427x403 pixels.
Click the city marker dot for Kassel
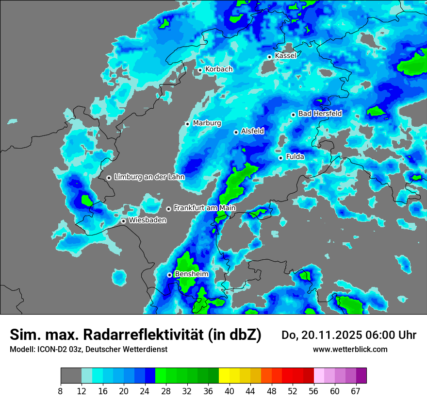(x=269, y=57)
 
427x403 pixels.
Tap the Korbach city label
(x=219, y=69)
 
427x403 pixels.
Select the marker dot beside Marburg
(x=187, y=124)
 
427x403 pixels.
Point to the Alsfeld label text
(x=252, y=131)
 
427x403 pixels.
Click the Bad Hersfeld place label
(x=320, y=114)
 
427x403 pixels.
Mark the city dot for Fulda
(x=280, y=158)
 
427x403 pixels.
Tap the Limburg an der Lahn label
(x=149, y=177)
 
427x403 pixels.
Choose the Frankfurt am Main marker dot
(x=168, y=209)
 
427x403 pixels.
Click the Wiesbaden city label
(x=148, y=220)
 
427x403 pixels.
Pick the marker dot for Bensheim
(x=169, y=275)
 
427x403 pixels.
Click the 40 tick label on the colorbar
(x=230, y=391)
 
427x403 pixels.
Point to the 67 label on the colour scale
(x=356, y=391)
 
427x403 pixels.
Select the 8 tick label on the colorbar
(x=61, y=391)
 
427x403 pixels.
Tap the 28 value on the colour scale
(x=166, y=391)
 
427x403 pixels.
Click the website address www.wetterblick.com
(x=350, y=350)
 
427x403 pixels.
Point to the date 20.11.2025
(x=328, y=335)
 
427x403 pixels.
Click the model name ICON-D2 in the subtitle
(x=54, y=350)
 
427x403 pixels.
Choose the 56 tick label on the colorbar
(x=314, y=391)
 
